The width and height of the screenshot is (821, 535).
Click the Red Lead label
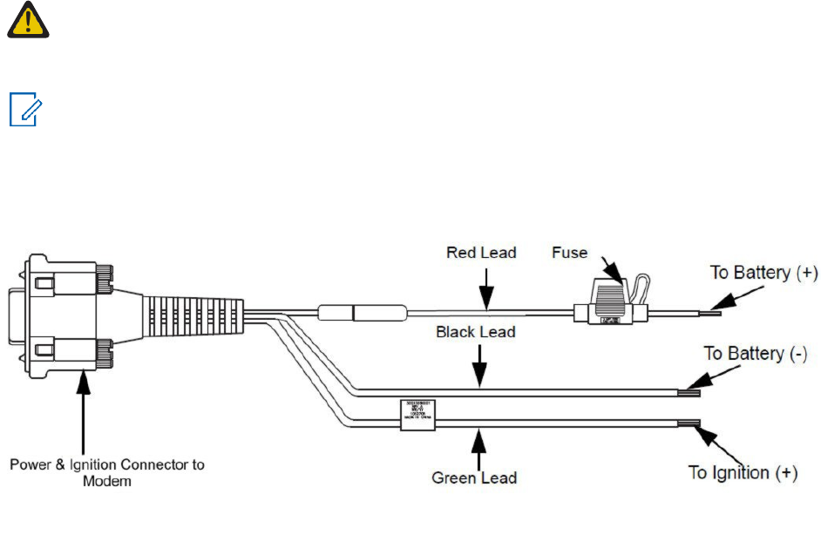click(481, 253)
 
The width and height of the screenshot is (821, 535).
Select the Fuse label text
click(570, 253)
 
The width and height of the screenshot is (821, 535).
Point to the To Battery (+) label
click(764, 273)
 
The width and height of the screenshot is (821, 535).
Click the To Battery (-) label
click(756, 353)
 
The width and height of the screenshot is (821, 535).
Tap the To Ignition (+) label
click(743, 472)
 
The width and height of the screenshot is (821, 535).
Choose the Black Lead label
click(476, 332)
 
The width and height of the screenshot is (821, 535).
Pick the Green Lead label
click(474, 477)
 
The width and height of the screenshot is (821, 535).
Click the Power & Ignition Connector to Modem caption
click(107, 471)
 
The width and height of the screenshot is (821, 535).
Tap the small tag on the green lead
click(417, 414)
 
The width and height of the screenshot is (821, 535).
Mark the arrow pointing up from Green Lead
click(478, 447)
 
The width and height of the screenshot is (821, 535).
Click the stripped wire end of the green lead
click(693, 424)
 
